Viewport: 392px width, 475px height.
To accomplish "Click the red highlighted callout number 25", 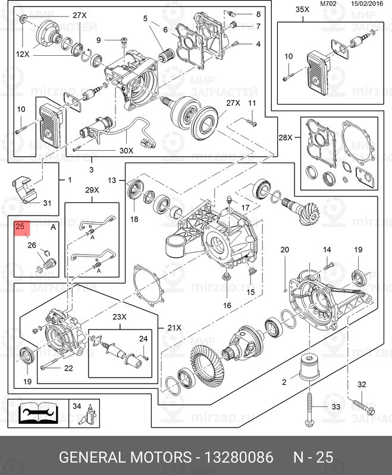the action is [x=20, y=226].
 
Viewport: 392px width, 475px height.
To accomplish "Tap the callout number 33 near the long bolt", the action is [x=336, y=407].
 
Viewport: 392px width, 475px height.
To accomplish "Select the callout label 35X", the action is [x=303, y=9].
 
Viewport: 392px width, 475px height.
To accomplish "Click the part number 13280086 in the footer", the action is [x=239, y=457].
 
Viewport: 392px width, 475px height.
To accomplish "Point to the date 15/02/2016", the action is [x=367, y=4].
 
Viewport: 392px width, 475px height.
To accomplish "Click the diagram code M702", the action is [x=328, y=4].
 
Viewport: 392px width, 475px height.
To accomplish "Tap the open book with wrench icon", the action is [x=37, y=413].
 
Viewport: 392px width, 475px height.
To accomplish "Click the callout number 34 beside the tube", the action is [x=77, y=406].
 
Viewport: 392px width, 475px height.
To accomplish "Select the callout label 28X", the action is [x=286, y=138].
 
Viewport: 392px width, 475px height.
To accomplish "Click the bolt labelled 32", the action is [x=364, y=407].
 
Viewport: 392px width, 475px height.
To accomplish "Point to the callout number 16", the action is [x=227, y=305].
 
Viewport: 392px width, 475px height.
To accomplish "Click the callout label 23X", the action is [x=120, y=317].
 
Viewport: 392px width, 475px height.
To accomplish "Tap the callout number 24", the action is [x=143, y=338].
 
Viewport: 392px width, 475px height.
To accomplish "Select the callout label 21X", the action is [x=174, y=328].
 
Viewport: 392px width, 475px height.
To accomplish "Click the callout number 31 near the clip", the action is [x=47, y=203].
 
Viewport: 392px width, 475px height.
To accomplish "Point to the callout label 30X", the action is [x=127, y=151].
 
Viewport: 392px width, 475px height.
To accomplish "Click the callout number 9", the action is [x=99, y=40].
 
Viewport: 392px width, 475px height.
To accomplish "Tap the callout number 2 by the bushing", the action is [x=284, y=382].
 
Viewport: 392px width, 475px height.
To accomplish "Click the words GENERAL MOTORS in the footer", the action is [x=126, y=457].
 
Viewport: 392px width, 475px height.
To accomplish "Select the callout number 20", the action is [x=284, y=249].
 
